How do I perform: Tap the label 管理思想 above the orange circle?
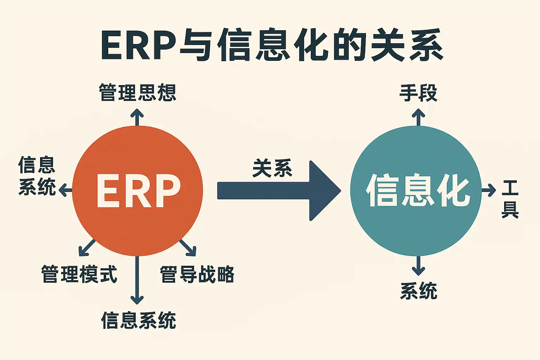pos(137,93)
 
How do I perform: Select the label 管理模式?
pos(79,274)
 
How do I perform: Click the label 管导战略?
pos(197,274)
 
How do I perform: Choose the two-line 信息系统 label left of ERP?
pos(37,176)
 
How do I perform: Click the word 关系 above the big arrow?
pos(272,168)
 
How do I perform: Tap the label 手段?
pos(418,93)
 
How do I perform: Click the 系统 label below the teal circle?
pos(418,291)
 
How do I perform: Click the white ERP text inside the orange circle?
pos(138,191)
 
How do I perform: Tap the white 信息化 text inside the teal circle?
pos(418,191)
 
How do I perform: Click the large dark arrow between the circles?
pos(278,191)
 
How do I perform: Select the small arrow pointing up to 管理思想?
pos(137,117)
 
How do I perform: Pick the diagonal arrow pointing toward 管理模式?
pos(86,247)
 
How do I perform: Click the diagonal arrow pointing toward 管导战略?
pos(188,247)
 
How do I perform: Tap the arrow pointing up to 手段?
pos(418,117)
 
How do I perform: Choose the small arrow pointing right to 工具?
pos(489,191)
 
